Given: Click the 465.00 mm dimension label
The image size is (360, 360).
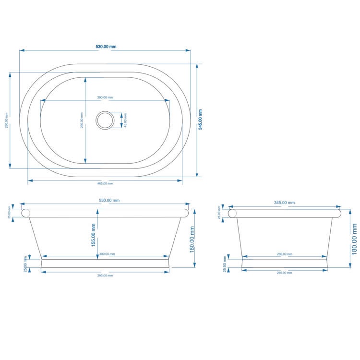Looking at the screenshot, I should click(x=105, y=183).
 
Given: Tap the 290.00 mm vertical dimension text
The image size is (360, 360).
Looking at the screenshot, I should click(x=6, y=120).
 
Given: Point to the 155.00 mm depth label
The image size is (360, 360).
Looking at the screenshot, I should click(x=93, y=235).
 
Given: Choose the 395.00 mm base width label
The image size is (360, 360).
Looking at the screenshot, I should click(x=105, y=276).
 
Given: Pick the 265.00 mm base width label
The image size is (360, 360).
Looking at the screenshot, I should click(x=284, y=273).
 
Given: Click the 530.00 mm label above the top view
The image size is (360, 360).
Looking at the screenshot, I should click(x=106, y=47).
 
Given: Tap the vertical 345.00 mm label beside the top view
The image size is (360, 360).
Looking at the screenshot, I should click(x=200, y=120).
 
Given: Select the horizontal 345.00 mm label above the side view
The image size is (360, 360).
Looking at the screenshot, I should click(x=284, y=203).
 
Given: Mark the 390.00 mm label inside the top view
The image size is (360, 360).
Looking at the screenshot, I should click(x=105, y=97).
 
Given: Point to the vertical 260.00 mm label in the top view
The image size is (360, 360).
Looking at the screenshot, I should click(x=82, y=120).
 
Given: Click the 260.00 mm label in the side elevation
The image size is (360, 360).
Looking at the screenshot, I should click(x=284, y=254).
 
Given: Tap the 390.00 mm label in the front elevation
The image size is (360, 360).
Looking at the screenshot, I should click(x=106, y=254).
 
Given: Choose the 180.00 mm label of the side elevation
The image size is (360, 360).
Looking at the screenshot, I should click(x=354, y=238).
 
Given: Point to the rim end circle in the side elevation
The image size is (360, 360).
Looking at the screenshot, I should click(x=233, y=213).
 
